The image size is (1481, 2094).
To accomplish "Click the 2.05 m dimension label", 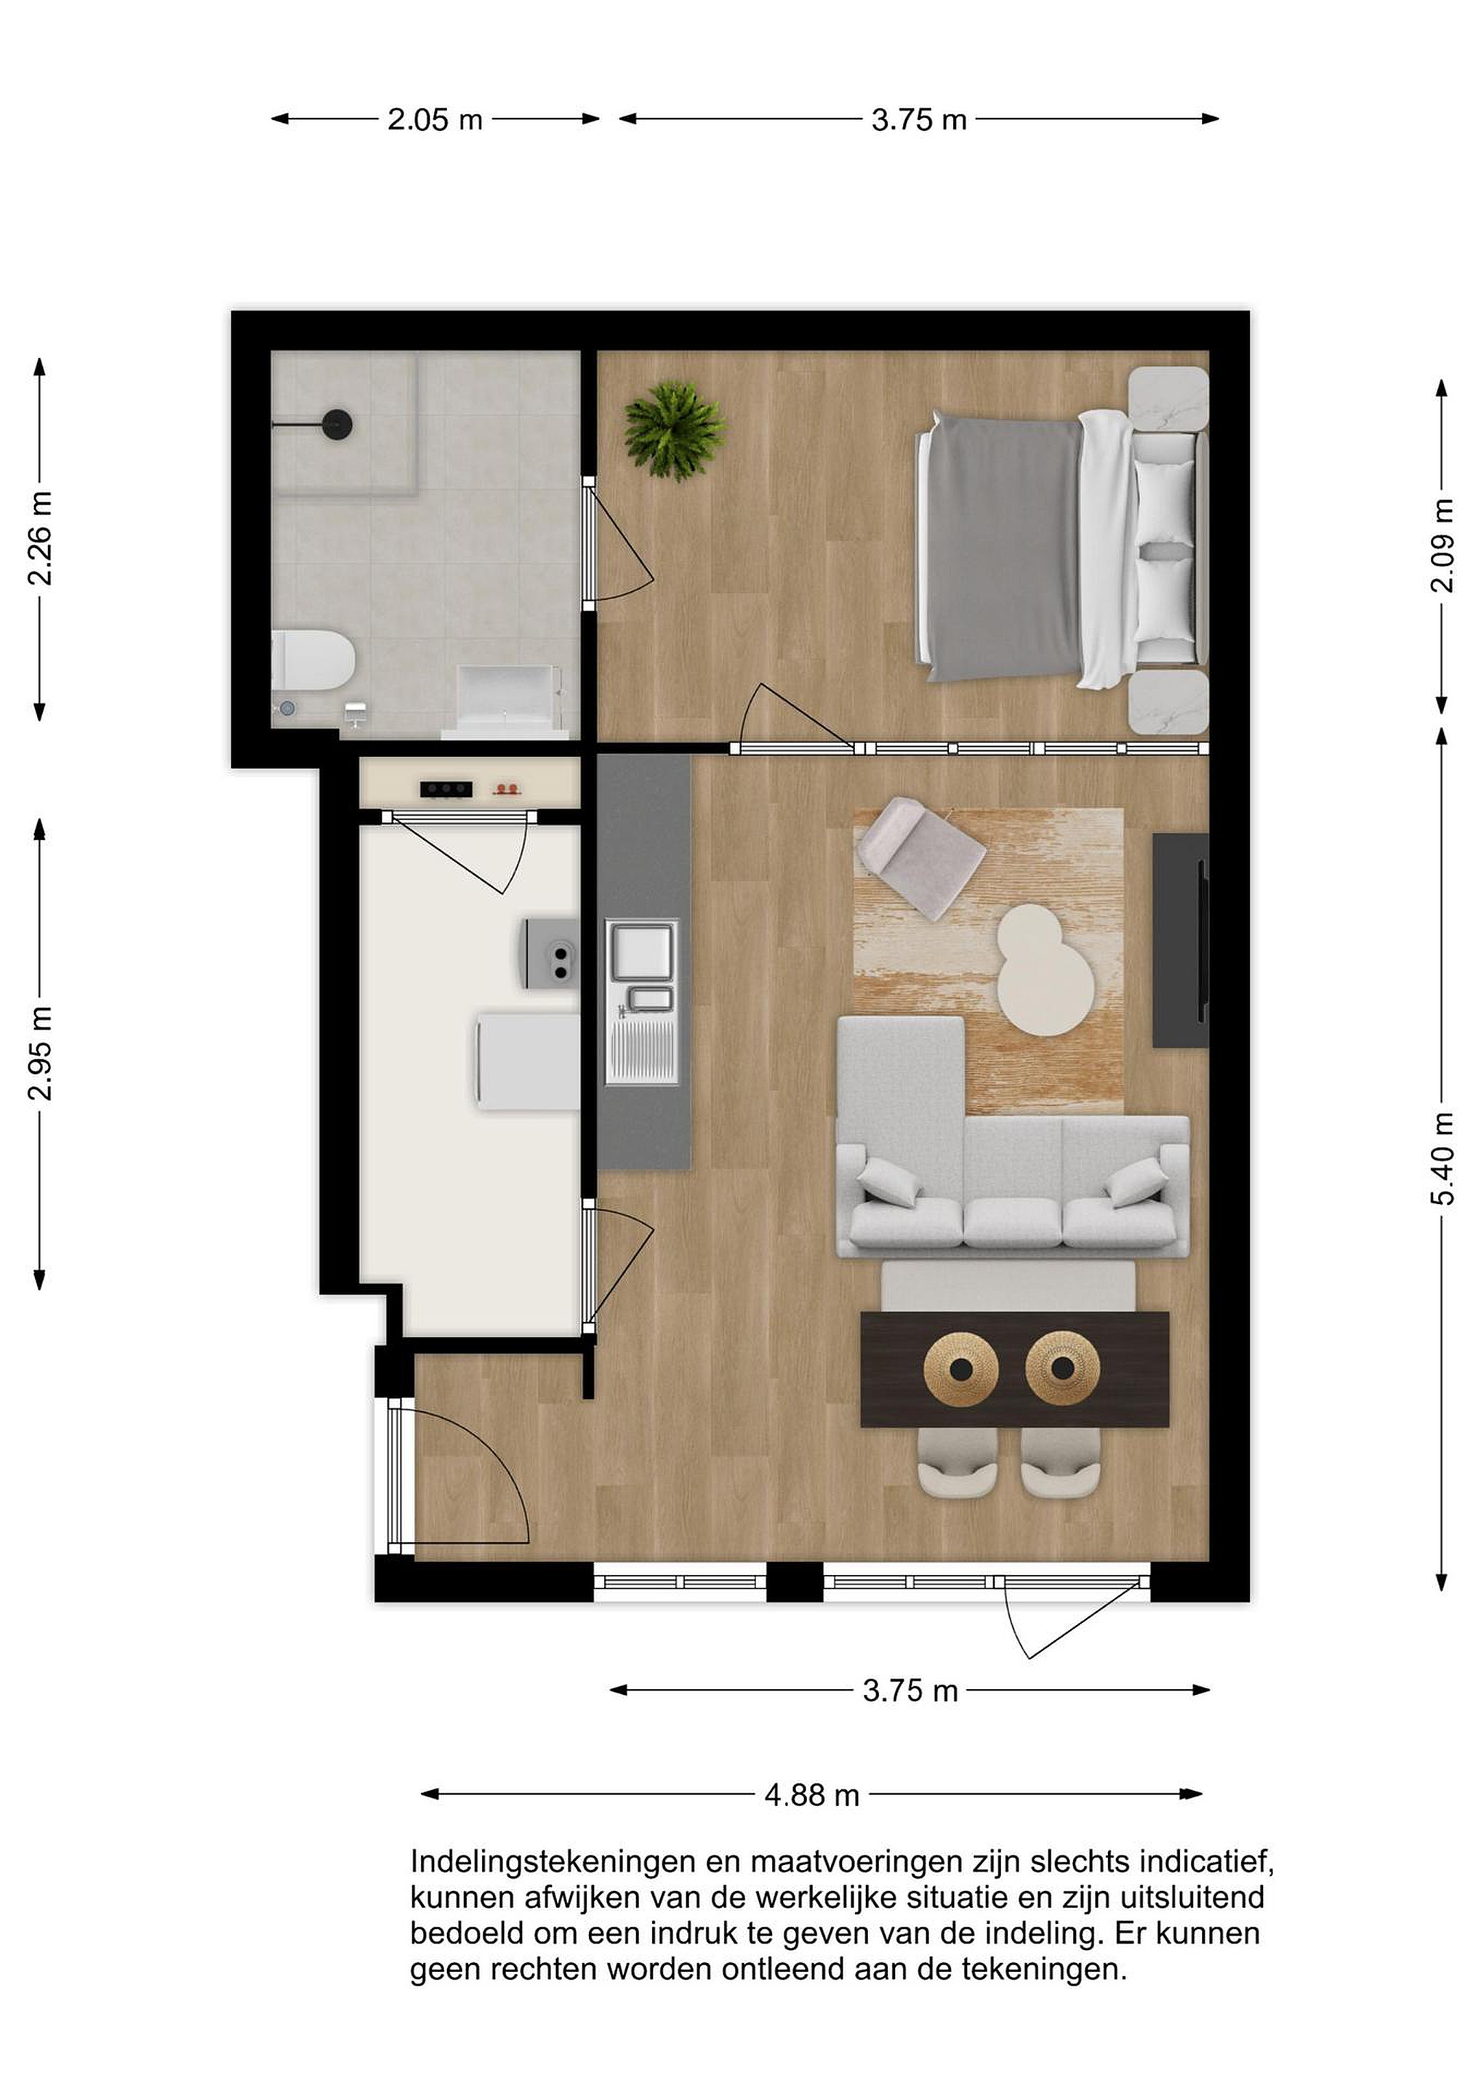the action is (435, 119).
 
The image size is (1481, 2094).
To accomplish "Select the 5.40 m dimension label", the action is (1442, 1158).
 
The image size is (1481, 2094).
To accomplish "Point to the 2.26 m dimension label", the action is (39, 538).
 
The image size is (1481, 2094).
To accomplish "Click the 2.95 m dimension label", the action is (39, 1054).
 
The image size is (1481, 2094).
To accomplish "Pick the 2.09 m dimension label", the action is (1442, 545).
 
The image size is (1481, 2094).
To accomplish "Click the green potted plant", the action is (675, 430).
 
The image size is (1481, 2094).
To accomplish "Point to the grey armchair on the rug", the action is (920, 857).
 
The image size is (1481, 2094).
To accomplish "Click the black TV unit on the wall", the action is (1181, 940).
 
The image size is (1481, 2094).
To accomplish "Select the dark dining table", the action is (1015, 1369).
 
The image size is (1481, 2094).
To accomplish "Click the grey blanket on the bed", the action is (1003, 545).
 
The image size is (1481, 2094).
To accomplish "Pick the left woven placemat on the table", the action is (961, 1369).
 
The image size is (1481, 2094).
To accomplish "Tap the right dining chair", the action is (1061, 1462).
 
